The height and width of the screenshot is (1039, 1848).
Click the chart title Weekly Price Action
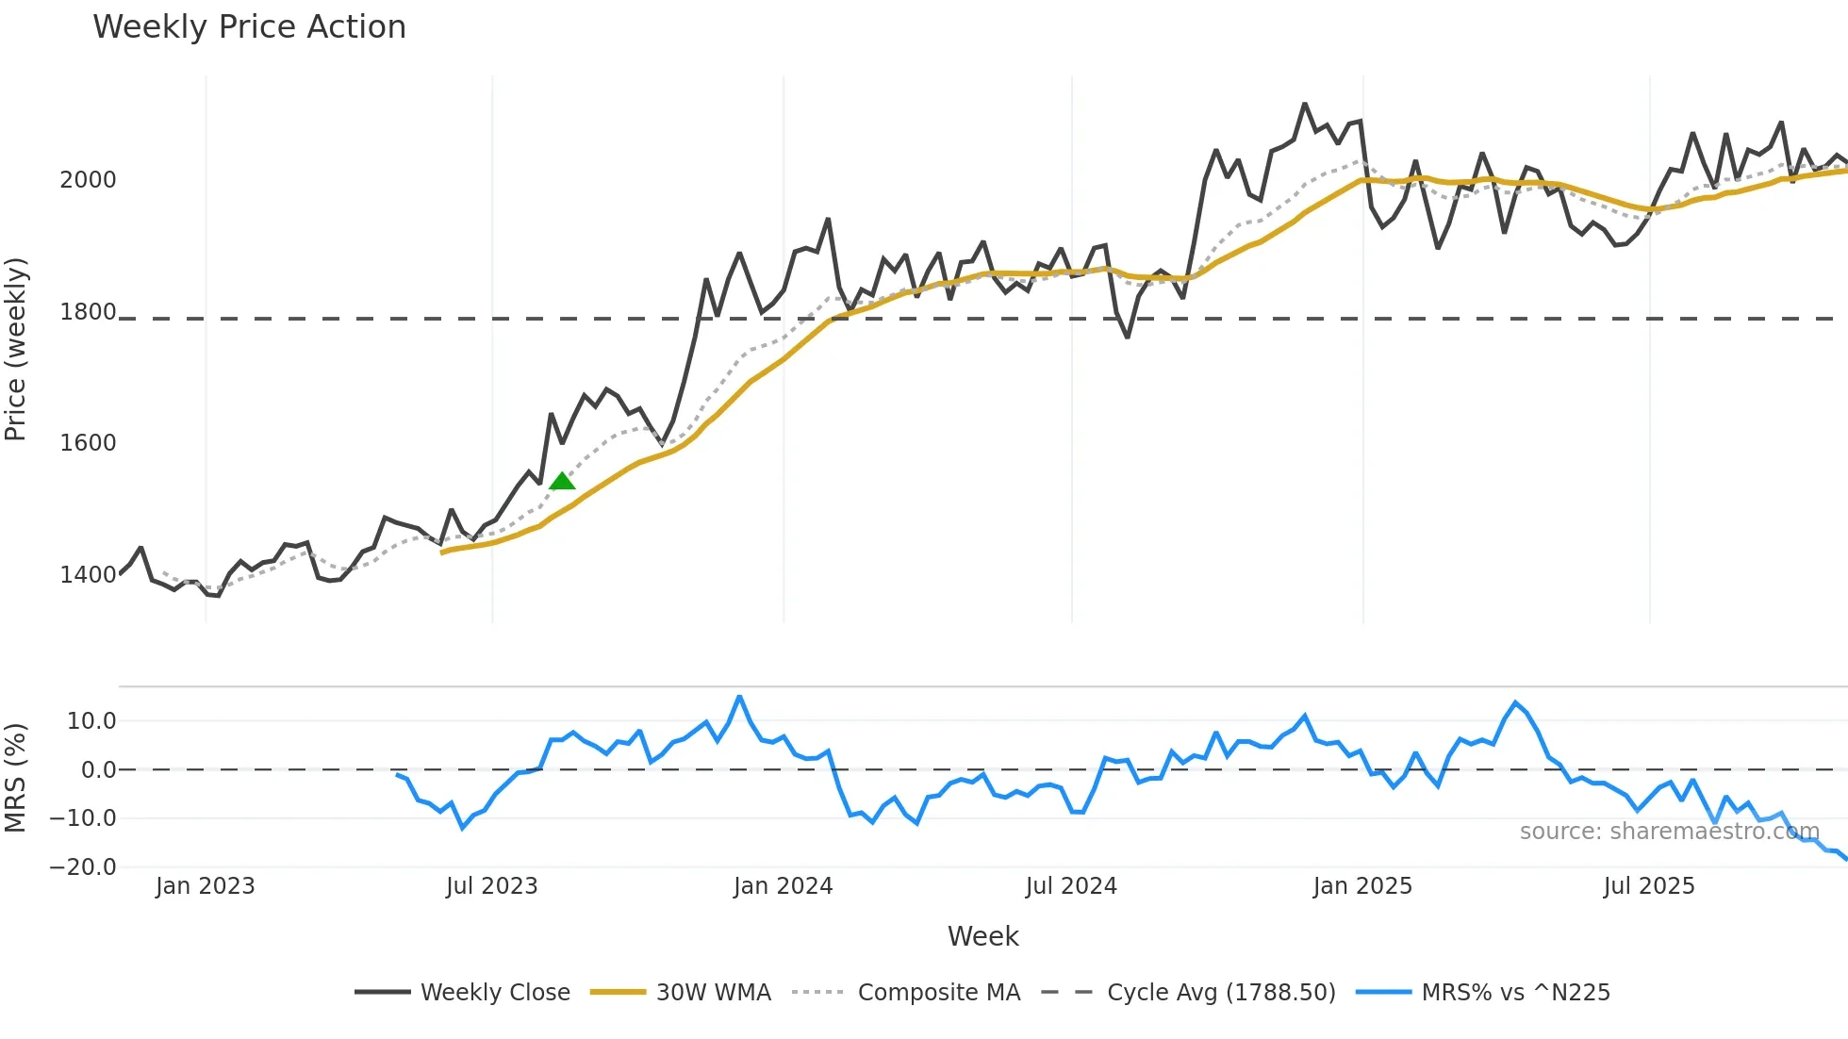249,27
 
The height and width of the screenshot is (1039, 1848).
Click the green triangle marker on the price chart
562,482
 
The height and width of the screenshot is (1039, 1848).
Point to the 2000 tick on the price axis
88,180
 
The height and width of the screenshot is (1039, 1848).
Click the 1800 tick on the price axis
88,312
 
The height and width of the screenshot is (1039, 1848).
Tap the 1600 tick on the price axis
88,443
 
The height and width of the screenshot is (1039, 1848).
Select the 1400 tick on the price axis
88,575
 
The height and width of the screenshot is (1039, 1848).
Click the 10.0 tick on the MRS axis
91,721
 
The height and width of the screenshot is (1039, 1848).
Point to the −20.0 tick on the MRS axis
83,867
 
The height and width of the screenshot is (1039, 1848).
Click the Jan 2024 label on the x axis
783,886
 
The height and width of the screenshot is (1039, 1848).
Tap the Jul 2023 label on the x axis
491,886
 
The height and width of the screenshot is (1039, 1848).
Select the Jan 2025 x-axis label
1362,886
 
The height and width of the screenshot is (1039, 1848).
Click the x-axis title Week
982,936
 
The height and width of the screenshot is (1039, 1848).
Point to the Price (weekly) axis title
16,349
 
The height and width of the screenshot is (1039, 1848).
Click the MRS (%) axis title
16,778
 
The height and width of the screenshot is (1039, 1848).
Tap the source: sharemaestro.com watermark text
1669,832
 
